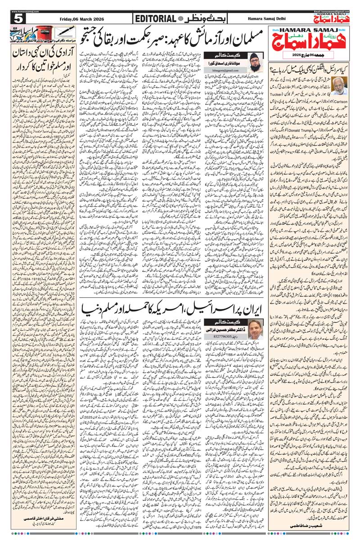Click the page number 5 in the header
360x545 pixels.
pos(18,19)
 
